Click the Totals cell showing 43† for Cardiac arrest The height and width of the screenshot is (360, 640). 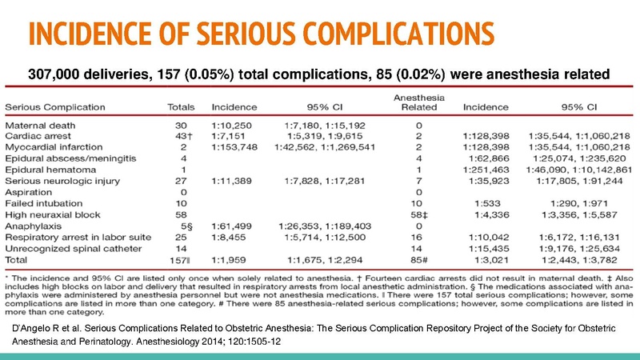coord(180,137)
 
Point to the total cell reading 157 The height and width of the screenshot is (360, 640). coord(180,261)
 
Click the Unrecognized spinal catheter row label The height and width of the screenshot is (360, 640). coord(66,250)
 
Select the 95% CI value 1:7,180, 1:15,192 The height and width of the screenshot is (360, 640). coord(325,126)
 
